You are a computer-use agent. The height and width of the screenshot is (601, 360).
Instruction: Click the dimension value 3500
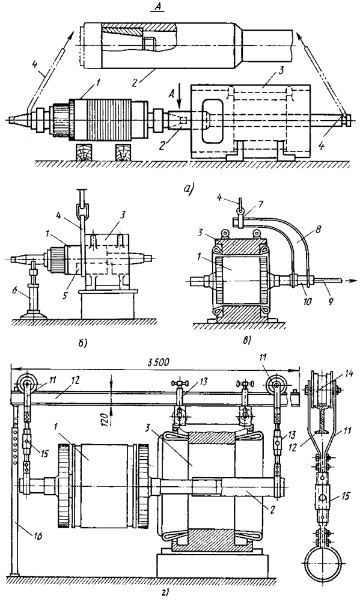[x=158, y=362]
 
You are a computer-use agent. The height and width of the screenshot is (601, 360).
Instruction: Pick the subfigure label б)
[x=82, y=343]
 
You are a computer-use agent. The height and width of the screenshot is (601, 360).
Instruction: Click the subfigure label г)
[x=166, y=594]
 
